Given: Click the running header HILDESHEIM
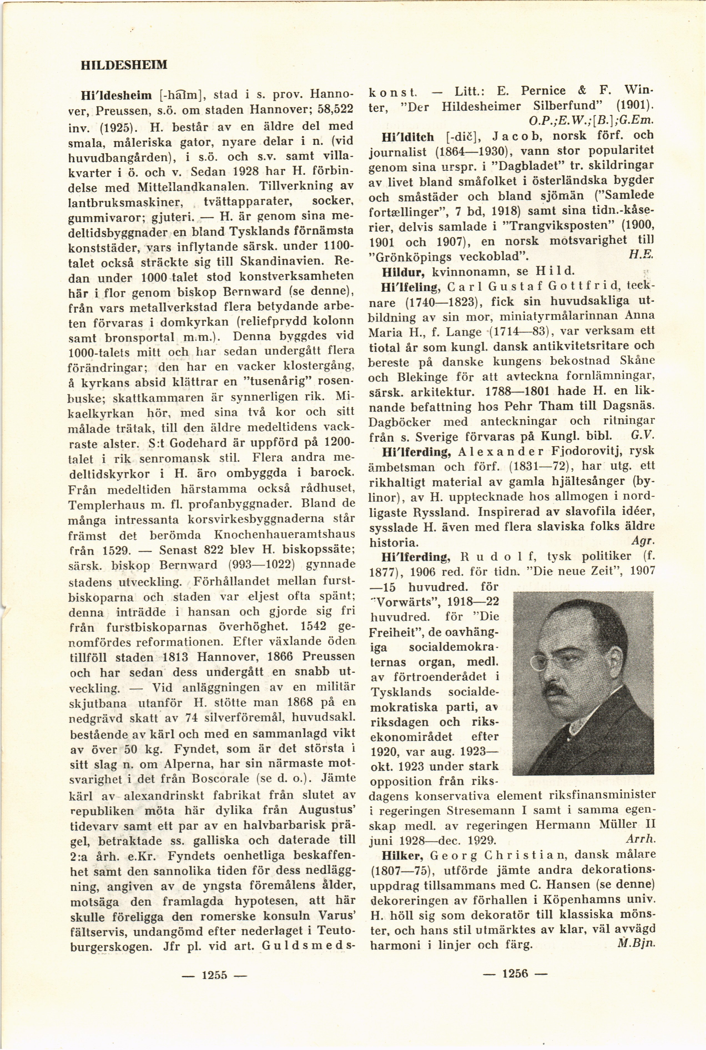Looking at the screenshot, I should [124, 65].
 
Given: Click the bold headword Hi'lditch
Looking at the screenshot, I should [407, 136].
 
